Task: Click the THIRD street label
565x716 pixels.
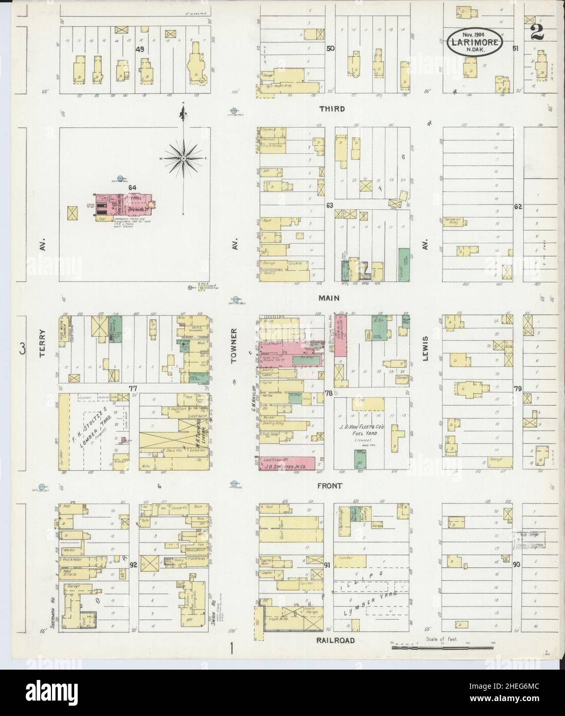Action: [331, 109]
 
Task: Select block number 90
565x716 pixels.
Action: [517, 565]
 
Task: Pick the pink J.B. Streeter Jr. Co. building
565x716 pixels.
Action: [288, 463]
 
